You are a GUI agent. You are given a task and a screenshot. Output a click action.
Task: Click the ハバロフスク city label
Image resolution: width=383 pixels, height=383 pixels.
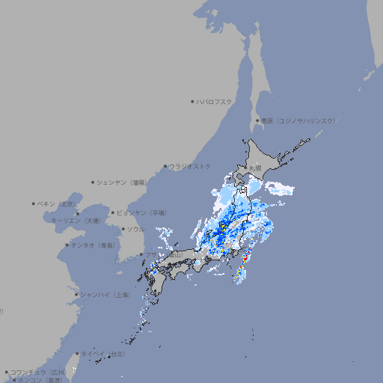tap(215, 101)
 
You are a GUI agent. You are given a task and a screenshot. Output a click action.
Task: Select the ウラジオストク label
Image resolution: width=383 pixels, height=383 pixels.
tap(190, 166)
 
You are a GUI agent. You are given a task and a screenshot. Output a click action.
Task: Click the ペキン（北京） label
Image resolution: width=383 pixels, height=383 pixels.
tap(58, 203)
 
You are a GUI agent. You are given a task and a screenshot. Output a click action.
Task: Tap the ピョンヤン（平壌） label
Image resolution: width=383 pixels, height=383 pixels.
tap(141, 212)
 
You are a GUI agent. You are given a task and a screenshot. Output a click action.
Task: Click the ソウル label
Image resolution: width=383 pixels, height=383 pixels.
tap(135, 229)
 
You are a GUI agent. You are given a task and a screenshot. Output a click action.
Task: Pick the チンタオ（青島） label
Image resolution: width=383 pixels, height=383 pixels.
tap(93, 245)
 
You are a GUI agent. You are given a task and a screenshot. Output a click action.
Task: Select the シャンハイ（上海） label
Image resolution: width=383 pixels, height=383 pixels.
tap(105, 295)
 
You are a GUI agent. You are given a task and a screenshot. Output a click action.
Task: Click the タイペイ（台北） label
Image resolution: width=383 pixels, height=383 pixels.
tap(103, 354)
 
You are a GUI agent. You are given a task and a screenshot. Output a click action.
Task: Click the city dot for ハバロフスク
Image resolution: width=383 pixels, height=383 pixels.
tap(192, 101)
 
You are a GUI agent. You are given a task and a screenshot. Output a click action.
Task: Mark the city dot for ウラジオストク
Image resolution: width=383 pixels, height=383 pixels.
tap(165, 166)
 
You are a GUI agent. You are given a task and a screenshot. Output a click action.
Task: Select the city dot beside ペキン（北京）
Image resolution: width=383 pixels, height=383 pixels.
tap(34, 203)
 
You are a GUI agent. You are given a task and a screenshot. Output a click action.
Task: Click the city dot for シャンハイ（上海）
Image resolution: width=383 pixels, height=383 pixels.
tap(76, 295)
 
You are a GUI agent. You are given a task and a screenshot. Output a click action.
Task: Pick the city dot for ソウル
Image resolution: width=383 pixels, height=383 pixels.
tap(122, 229)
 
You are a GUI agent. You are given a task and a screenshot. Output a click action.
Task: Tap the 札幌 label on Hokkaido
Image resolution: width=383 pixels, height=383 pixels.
tap(256, 168)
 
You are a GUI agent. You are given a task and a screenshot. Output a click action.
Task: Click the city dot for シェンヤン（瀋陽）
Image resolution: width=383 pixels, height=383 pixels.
tap(94, 182)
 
